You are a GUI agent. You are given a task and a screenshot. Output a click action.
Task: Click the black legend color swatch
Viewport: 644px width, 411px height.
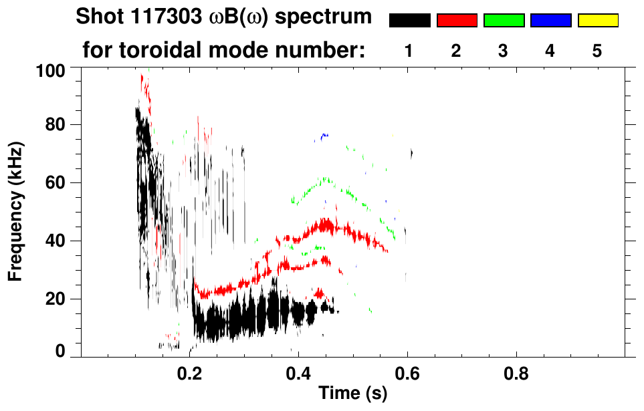(409, 21)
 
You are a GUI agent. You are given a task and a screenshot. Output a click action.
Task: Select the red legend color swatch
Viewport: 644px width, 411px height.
(457, 21)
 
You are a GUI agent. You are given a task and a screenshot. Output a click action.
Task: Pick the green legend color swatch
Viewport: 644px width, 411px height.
(504, 21)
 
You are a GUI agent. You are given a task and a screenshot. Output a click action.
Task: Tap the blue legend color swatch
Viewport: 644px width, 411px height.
(550, 21)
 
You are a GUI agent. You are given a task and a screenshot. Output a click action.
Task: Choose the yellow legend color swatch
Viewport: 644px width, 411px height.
(597, 21)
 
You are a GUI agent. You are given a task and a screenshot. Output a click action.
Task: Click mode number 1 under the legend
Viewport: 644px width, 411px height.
(409, 51)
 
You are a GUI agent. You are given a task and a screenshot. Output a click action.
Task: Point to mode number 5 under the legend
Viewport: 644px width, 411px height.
(597, 51)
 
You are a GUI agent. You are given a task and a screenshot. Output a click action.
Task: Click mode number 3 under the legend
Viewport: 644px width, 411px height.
(504, 51)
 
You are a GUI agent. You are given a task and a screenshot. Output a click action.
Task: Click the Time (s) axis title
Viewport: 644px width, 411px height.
(352, 395)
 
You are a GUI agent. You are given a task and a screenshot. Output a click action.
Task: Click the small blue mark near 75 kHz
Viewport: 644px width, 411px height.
(324, 136)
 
